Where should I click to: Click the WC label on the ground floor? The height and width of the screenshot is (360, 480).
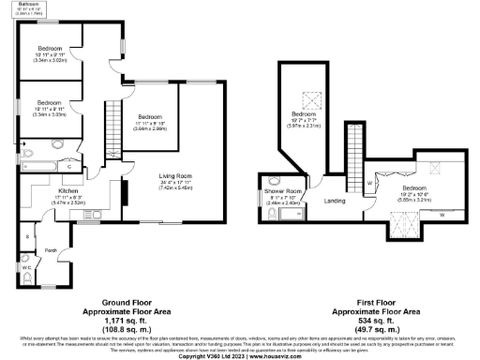tap(26, 268)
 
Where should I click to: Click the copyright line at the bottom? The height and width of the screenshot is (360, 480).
tap(239, 356)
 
